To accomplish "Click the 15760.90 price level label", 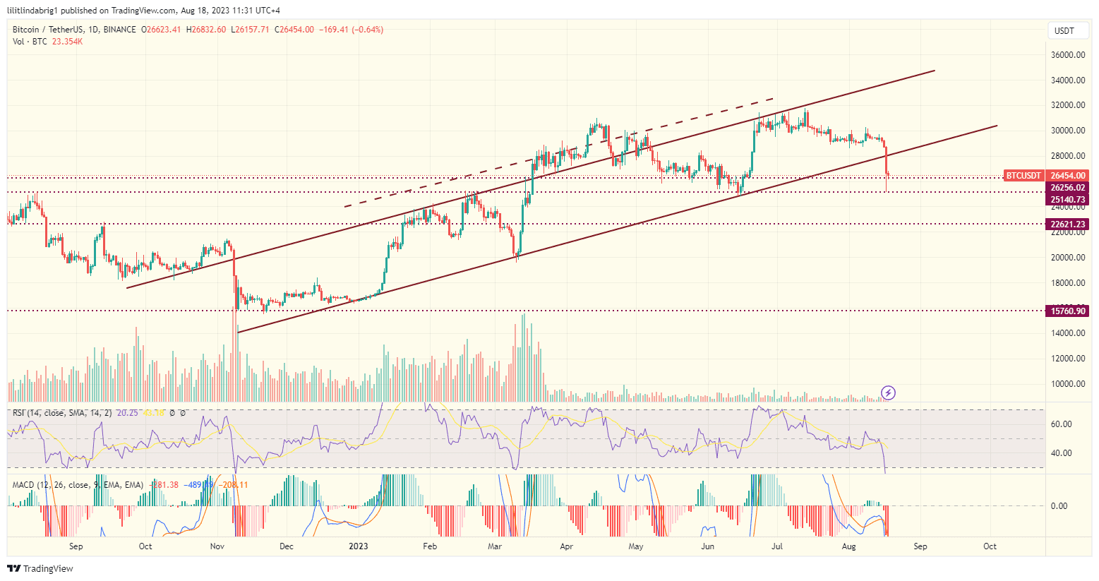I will point(1067,311).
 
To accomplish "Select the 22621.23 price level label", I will point(1067,224).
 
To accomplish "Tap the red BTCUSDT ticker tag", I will point(1023,175).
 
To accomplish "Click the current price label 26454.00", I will point(1067,175).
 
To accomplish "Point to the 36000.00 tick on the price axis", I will point(1067,55).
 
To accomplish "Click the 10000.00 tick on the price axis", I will point(1067,384).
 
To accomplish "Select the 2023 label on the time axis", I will point(359,546).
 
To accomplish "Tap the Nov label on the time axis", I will point(217,546).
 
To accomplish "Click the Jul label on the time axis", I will point(777,546).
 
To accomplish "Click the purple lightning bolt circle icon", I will point(889,393).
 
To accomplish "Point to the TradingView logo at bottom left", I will point(40,568).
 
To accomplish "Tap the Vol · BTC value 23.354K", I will point(67,42).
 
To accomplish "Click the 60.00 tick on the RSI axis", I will point(1061,424).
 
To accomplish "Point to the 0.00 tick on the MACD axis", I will point(1059,506).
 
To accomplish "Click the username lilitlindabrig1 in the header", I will point(32,11).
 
